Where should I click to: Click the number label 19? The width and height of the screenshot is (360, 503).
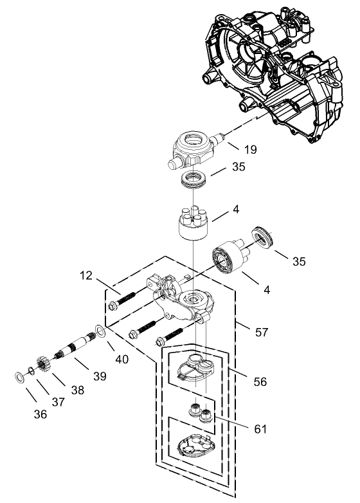[x=250, y=150]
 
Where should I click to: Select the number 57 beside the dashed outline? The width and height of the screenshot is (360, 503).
[x=261, y=333]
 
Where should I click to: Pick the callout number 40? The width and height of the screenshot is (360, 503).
[x=121, y=359]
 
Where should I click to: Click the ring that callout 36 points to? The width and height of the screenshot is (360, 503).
[x=20, y=376]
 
